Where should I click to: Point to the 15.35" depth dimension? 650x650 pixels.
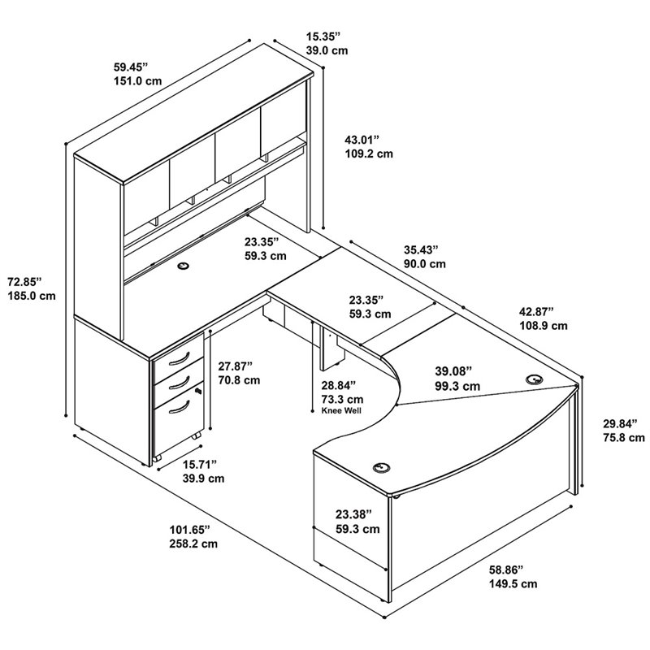tap(323, 37)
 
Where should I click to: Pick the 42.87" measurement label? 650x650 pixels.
tap(537, 311)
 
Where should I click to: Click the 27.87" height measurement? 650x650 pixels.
tap(236, 366)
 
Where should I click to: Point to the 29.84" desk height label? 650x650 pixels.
tap(620, 423)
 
